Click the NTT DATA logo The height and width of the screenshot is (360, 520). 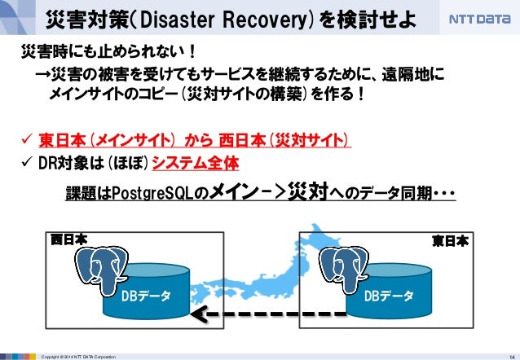(478, 18)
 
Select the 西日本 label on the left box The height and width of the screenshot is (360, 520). (68, 240)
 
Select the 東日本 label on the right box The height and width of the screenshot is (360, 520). (450, 240)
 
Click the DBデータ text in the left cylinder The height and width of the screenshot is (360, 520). (146, 295)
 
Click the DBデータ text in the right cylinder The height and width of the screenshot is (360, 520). (389, 295)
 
